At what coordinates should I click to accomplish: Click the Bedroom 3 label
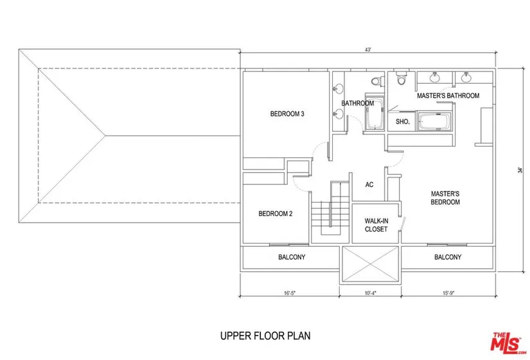pos(287,114)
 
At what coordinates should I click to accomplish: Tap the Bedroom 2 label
pos(275,213)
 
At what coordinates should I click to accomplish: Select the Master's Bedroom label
pos(445,198)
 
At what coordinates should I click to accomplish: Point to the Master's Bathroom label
pos(448,96)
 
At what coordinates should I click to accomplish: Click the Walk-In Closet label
pos(376,225)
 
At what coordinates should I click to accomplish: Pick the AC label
pos(369,184)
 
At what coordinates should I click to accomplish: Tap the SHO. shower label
pos(403,122)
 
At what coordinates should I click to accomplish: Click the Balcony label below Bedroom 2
pos(292,257)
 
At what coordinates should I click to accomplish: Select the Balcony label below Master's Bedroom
pos(448,257)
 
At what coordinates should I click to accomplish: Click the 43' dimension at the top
pos(368,50)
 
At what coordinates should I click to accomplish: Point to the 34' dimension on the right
pos(520,170)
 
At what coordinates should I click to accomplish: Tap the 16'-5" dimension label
pos(290,293)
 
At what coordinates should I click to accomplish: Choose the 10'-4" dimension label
pos(371,293)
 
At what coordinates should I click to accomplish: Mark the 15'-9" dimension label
pos(448,293)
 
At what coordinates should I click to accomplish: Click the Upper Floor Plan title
pos(265,336)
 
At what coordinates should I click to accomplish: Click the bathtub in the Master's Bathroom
pos(435,121)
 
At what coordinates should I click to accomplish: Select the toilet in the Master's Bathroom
pos(402,78)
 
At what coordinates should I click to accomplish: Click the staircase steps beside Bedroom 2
pos(330,210)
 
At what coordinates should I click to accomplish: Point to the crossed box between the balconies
pos(371,264)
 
